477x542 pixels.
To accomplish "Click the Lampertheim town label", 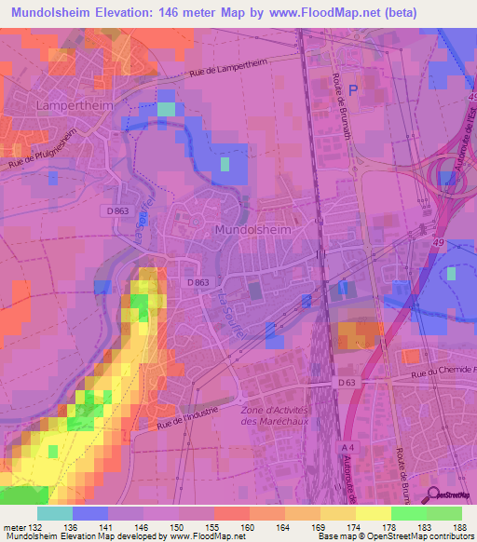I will pos(69,105).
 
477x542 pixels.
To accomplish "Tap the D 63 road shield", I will pos(347,383).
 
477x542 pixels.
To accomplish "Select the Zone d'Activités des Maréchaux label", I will pos(274,415).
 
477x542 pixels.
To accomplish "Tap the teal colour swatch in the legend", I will pos(55,513).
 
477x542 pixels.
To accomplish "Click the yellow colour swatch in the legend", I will pos(374,513).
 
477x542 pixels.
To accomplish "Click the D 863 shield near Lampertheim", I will pos(117,210).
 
